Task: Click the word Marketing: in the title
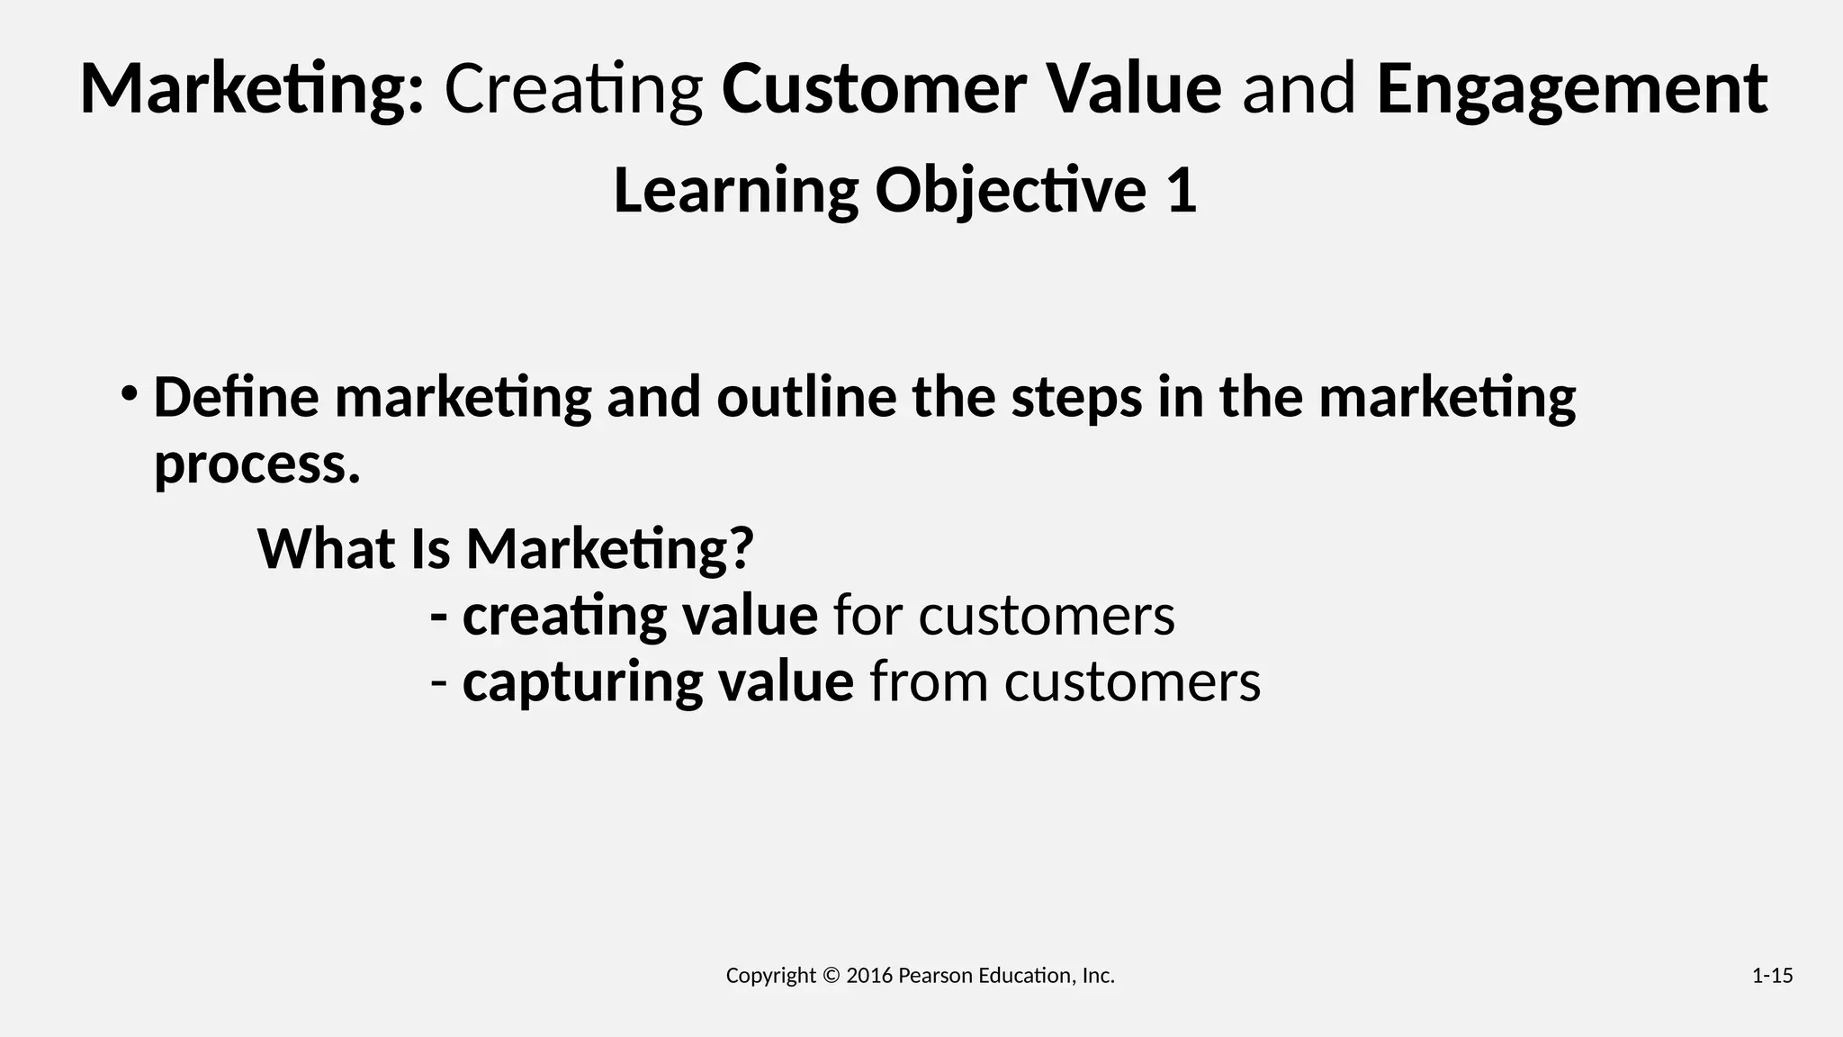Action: [251, 90]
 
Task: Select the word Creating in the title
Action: [573, 90]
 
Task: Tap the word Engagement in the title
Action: [1571, 90]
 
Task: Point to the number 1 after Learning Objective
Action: [1182, 191]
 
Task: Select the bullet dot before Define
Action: [130, 393]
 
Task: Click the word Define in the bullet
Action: [236, 397]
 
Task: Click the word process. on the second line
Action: [256, 464]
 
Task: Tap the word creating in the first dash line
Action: [563, 616]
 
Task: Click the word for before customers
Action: [868, 616]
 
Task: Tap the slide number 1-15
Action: [1772, 976]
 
